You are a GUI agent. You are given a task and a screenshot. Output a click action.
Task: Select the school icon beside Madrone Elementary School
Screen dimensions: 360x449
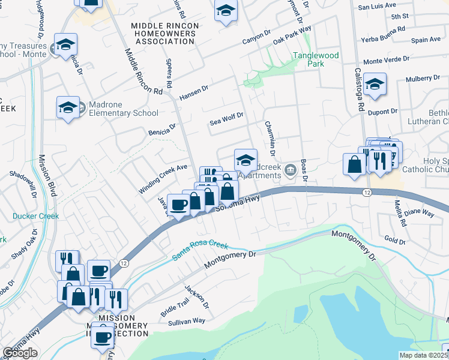pyautogui.click(x=68, y=108)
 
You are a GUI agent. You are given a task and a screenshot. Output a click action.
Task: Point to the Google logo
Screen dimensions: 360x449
pyautogui.click(x=20, y=353)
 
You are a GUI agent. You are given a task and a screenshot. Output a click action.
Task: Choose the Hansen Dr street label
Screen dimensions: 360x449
pyautogui.click(x=193, y=92)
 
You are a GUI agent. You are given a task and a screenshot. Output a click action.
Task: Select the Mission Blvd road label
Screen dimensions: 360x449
pyautogui.click(x=47, y=175)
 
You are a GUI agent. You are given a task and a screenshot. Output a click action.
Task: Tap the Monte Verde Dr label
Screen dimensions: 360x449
pyautogui.click(x=386, y=60)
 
